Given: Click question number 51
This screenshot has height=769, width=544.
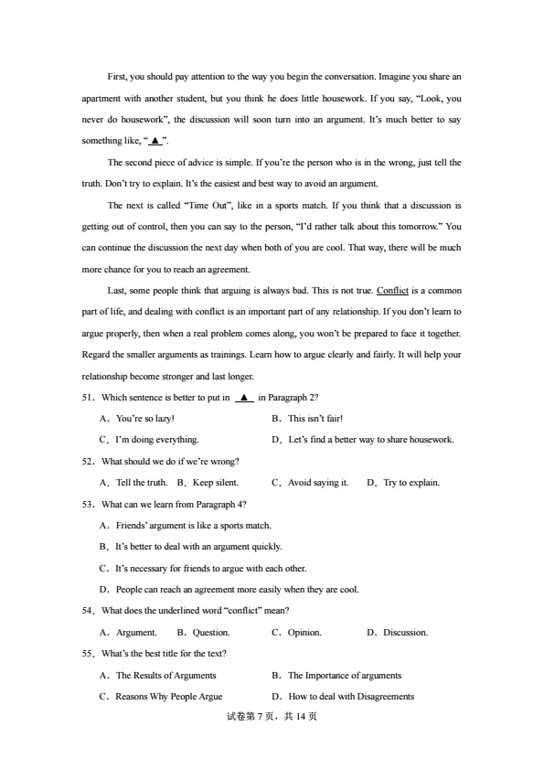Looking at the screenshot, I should coord(89,398).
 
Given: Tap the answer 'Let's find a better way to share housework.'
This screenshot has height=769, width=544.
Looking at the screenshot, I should coord(370,440).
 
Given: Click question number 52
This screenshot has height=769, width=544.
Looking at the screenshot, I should coord(89,461).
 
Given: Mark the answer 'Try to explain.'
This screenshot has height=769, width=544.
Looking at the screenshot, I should coord(411,482).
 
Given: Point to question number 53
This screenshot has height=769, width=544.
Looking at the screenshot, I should coord(89,504).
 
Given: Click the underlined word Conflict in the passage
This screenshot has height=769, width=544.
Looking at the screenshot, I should coord(392,291).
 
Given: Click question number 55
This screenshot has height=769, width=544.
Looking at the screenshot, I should coord(89,653).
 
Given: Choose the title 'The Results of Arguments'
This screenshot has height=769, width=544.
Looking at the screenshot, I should coord(165,675).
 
